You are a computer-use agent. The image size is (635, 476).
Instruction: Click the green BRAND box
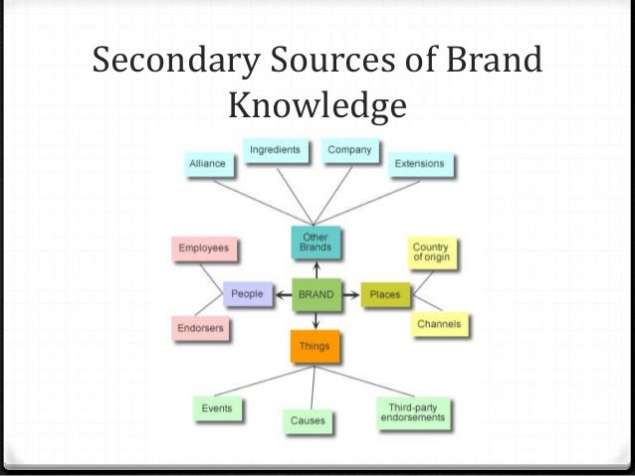317,295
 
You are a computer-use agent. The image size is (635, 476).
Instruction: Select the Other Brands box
311,241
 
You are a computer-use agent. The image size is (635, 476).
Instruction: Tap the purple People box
248,295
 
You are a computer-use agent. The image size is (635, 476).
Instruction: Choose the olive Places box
384,295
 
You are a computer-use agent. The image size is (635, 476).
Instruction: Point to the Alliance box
207,163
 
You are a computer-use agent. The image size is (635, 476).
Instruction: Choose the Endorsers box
201,327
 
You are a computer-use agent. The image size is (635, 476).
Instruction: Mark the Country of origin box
431,251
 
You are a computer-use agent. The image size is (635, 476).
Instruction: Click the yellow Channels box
438,324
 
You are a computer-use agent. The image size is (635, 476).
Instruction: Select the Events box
217,407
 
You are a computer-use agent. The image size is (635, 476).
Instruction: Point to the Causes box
307,421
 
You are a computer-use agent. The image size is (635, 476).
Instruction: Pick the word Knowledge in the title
317,104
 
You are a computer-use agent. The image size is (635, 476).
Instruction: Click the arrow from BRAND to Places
352,295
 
